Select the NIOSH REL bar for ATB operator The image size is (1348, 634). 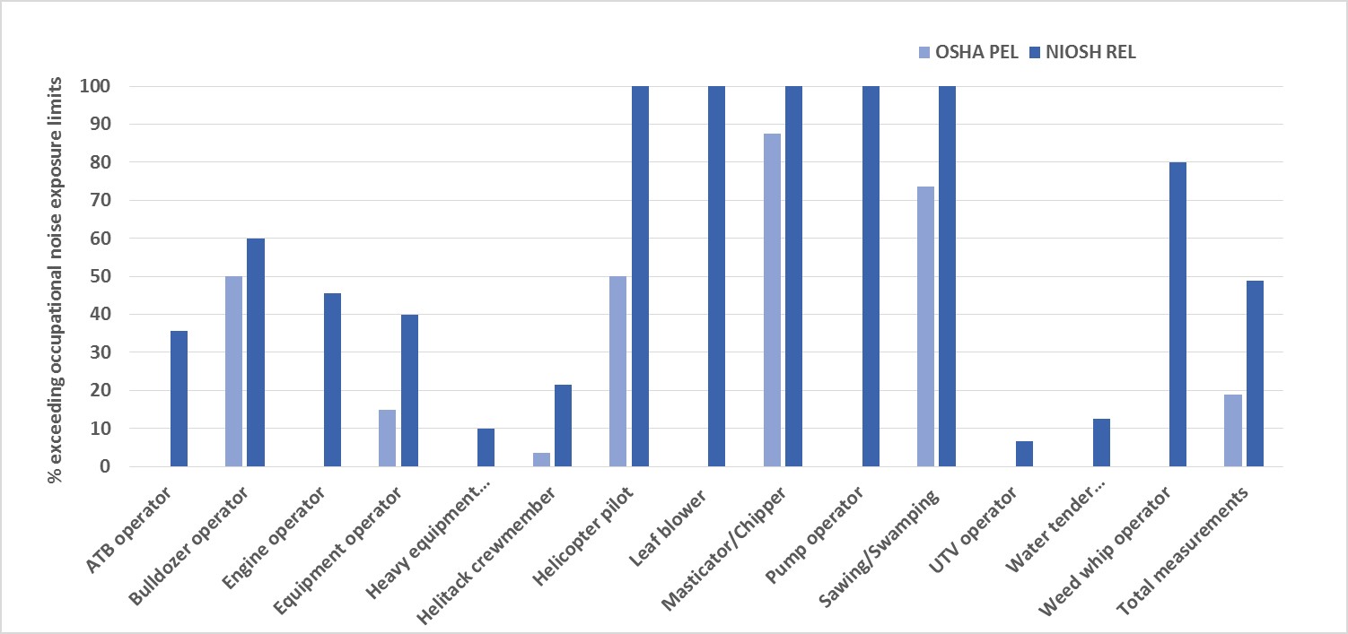(179, 399)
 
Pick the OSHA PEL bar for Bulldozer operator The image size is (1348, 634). (233, 371)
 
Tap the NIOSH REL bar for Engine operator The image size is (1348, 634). (332, 380)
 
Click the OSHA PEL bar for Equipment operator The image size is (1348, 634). (387, 438)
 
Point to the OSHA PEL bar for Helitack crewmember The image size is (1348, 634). (541, 459)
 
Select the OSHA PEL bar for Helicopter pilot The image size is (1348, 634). (618, 371)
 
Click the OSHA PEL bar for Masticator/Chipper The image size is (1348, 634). (772, 300)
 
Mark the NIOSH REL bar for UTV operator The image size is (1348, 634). (1024, 454)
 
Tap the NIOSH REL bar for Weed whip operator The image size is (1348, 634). (1178, 314)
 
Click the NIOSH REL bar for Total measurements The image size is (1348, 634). (1255, 373)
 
